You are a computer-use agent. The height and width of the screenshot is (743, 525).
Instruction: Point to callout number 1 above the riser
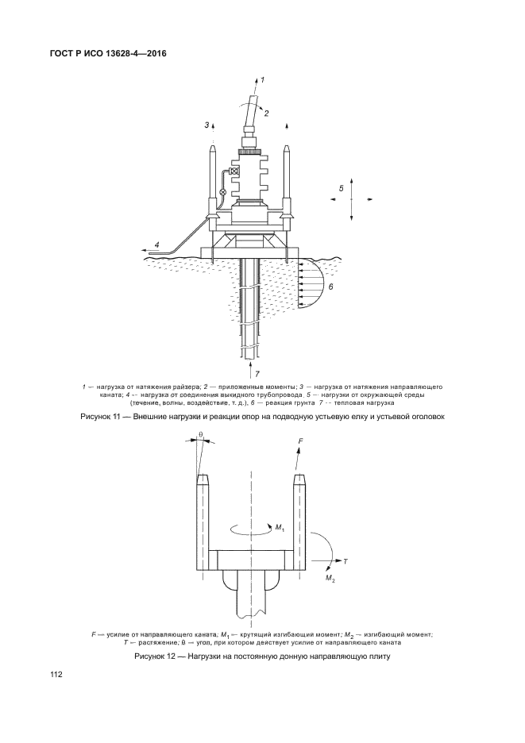point(263,79)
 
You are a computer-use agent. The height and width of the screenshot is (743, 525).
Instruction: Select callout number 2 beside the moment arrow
point(266,114)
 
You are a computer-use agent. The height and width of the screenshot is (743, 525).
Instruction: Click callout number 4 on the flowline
point(157,244)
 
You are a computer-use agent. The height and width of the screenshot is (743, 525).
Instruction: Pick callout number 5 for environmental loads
point(341,188)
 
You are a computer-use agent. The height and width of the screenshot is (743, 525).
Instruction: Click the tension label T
point(345,561)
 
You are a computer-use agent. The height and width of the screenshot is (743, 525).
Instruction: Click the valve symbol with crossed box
point(234,171)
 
